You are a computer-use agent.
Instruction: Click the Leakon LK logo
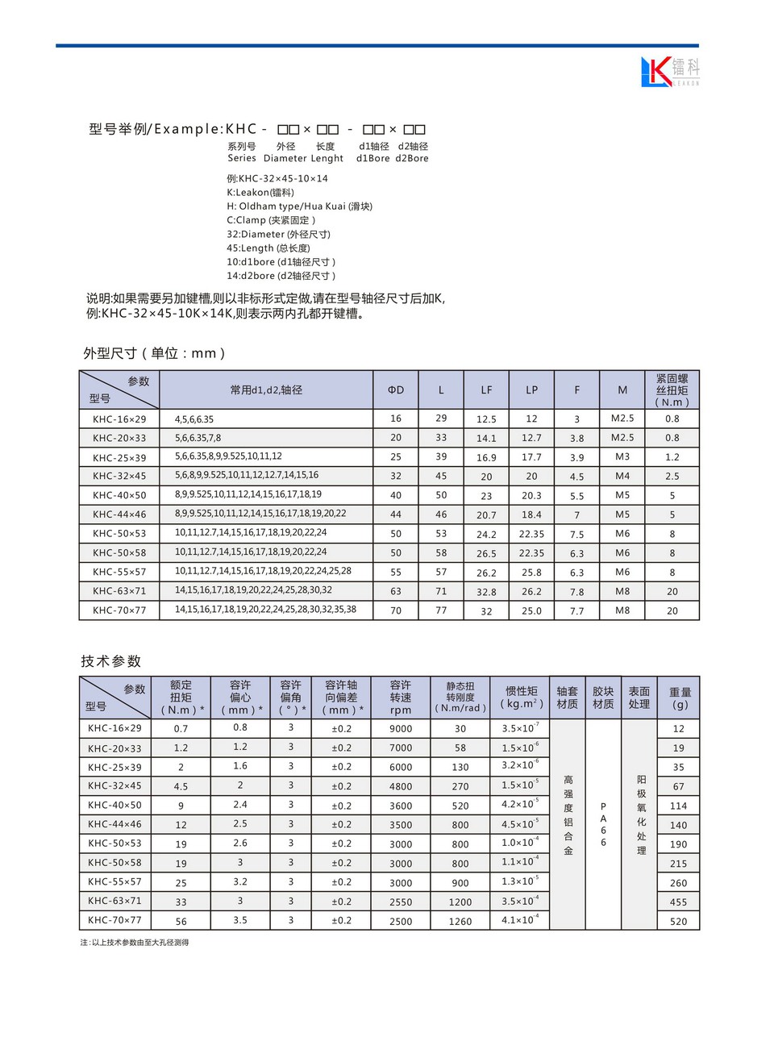670,71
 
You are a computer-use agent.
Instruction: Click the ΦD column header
396,390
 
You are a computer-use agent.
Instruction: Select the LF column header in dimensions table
486,390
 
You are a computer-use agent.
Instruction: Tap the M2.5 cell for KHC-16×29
622,419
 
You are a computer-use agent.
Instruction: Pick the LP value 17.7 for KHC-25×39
531,457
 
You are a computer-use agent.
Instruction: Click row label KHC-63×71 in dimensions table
119,591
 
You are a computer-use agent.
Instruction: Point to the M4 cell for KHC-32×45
622,476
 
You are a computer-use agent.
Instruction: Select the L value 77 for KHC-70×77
441,610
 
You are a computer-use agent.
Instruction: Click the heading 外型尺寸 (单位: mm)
154,353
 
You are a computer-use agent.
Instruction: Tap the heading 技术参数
111,661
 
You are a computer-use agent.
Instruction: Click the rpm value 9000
401,728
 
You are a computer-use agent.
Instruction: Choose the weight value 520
679,921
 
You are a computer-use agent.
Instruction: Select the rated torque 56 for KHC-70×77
181,921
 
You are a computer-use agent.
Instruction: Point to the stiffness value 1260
460,921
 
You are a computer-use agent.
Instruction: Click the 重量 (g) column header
680,698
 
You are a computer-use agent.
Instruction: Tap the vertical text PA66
603,824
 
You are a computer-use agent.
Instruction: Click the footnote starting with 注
134,942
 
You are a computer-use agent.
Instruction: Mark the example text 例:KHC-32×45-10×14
277,178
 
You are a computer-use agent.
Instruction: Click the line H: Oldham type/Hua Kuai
299,206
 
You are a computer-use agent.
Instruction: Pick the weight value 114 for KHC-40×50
679,806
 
